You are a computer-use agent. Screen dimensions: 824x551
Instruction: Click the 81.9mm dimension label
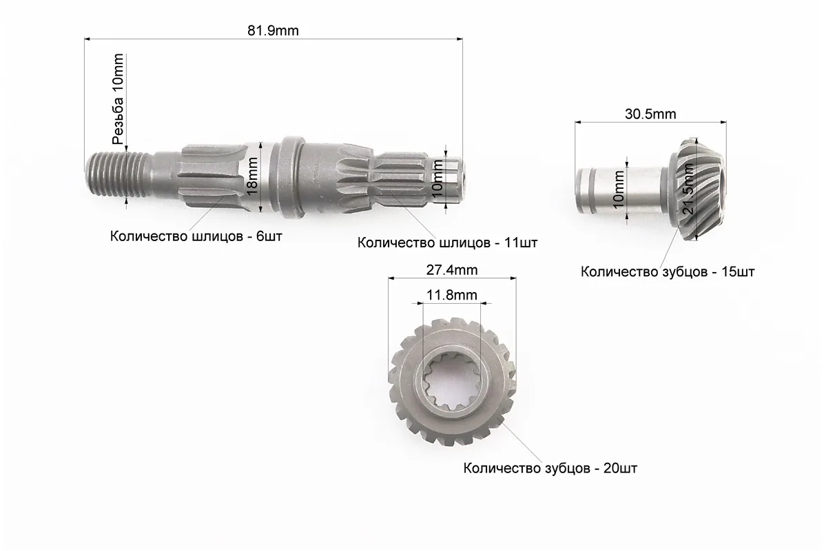[273, 30]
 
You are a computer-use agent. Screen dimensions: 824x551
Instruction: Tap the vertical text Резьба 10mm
[119, 98]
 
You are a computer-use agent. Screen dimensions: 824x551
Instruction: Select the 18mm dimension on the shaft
[253, 176]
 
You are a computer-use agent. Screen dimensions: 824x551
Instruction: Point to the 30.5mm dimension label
[650, 114]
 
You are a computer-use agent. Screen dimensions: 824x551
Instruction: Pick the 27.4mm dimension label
[451, 270]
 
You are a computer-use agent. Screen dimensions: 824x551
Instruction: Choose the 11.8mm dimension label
[451, 295]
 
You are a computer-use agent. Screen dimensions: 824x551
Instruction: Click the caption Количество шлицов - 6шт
[196, 236]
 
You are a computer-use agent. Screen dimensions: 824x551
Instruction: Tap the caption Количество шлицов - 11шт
[447, 242]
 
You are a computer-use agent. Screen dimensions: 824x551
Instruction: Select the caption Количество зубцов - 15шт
[668, 271]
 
